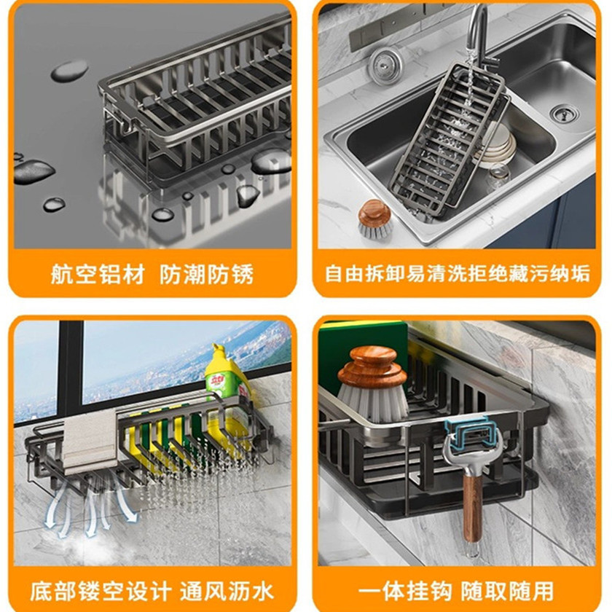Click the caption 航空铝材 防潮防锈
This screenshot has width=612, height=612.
pyautogui.click(x=152, y=274)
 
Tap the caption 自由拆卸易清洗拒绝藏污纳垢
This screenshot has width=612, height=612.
pyautogui.click(x=458, y=274)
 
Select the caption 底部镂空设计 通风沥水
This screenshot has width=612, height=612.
pyautogui.click(x=152, y=592)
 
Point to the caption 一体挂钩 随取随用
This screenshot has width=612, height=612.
pyautogui.click(x=456, y=592)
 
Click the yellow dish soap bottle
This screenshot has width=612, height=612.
pyautogui.click(x=228, y=394)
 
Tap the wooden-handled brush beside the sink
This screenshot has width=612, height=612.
pyautogui.click(x=374, y=220)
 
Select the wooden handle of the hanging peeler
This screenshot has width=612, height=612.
pyautogui.click(x=473, y=509)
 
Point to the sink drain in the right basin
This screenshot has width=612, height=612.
pyautogui.click(x=565, y=113)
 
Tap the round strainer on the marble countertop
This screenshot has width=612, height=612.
pyautogui.click(x=385, y=63)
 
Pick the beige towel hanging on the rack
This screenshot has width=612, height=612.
pyautogui.click(x=90, y=440)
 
